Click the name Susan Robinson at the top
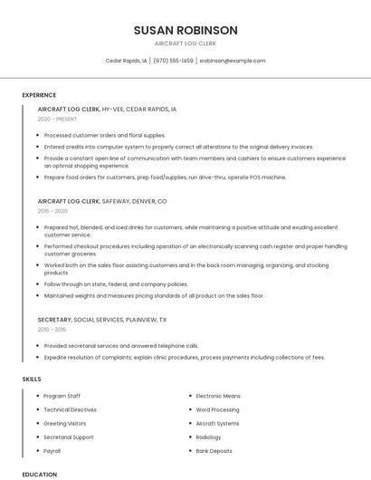click(185, 30)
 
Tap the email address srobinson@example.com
click(233, 61)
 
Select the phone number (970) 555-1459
click(173, 61)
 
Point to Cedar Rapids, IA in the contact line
click(127, 61)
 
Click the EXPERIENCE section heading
click(39, 95)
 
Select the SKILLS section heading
click(32, 379)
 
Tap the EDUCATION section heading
click(39, 474)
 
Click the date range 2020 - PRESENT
click(57, 119)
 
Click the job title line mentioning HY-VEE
click(107, 109)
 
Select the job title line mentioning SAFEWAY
click(102, 200)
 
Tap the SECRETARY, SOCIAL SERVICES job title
click(101, 320)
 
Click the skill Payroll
click(53, 450)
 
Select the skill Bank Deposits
click(214, 450)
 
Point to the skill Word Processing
click(217, 409)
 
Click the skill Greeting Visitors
click(65, 423)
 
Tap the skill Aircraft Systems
click(218, 423)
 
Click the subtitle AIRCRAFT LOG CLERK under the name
click(185, 43)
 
